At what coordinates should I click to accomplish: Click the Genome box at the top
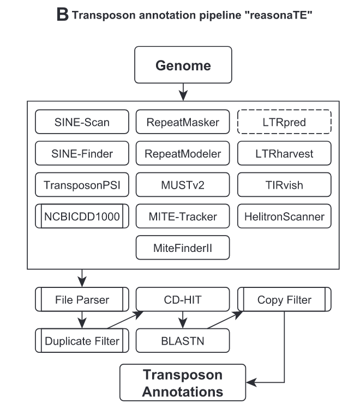(183, 65)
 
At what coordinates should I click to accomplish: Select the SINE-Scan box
(82, 122)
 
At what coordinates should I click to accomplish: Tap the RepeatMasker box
(183, 122)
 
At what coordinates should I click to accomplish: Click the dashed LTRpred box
(284, 122)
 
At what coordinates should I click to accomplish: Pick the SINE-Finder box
(82, 154)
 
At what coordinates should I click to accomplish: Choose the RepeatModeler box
(183, 154)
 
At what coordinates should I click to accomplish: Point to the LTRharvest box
(284, 154)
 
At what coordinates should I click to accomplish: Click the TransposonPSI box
(82, 185)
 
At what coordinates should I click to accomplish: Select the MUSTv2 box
(183, 185)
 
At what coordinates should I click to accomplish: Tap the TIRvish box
(284, 185)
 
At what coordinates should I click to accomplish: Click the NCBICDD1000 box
(82, 216)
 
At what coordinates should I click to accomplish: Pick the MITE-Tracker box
(183, 216)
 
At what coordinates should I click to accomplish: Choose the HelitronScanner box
(284, 216)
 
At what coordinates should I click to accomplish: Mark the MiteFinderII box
(183, 248)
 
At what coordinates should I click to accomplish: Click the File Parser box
(82, 299)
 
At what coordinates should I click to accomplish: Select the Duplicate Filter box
(82, 340)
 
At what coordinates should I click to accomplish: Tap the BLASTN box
(183, 340)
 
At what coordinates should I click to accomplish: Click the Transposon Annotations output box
(183, 383)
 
